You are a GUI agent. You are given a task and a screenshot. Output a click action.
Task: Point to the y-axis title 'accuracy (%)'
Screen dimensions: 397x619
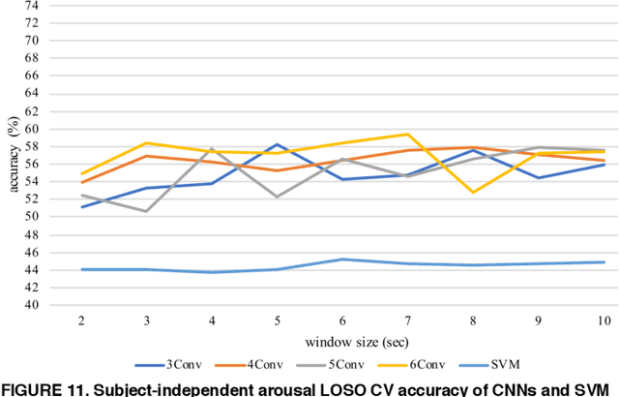point(14,155)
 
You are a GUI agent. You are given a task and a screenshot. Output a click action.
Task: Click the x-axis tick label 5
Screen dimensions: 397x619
point(278,321)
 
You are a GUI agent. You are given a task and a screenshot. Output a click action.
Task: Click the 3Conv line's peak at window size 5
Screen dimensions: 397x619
point(278,144)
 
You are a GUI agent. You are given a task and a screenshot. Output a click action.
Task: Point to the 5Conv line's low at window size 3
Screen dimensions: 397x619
point(146,211)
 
